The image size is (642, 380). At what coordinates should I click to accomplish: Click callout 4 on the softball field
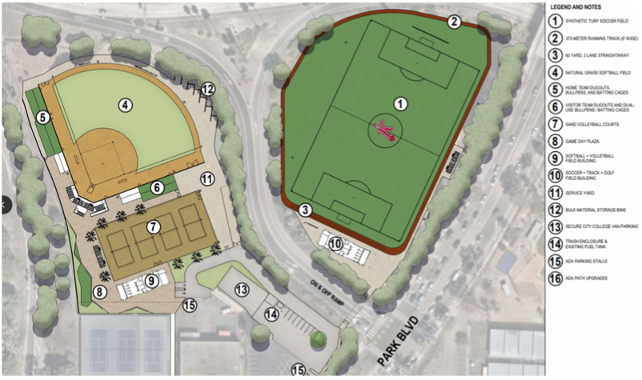pyautogui.click(x=125, y=103)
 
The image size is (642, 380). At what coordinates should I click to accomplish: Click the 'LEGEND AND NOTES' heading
pyautogui.click(x=580, y=6)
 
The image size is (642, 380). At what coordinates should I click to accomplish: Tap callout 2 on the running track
pyautogui.click(x=454, y=22)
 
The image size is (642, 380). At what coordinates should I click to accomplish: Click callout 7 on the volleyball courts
pyautogui.click(x=154, y=227)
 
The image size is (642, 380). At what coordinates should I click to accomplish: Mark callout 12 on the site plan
pyautogui.click(x=207, y=90)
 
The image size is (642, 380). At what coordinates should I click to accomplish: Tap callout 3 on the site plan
pyautogui.click(x=305, y=210)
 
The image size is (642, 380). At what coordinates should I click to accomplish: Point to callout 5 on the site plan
pyautogui.click(x=44, y=117)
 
